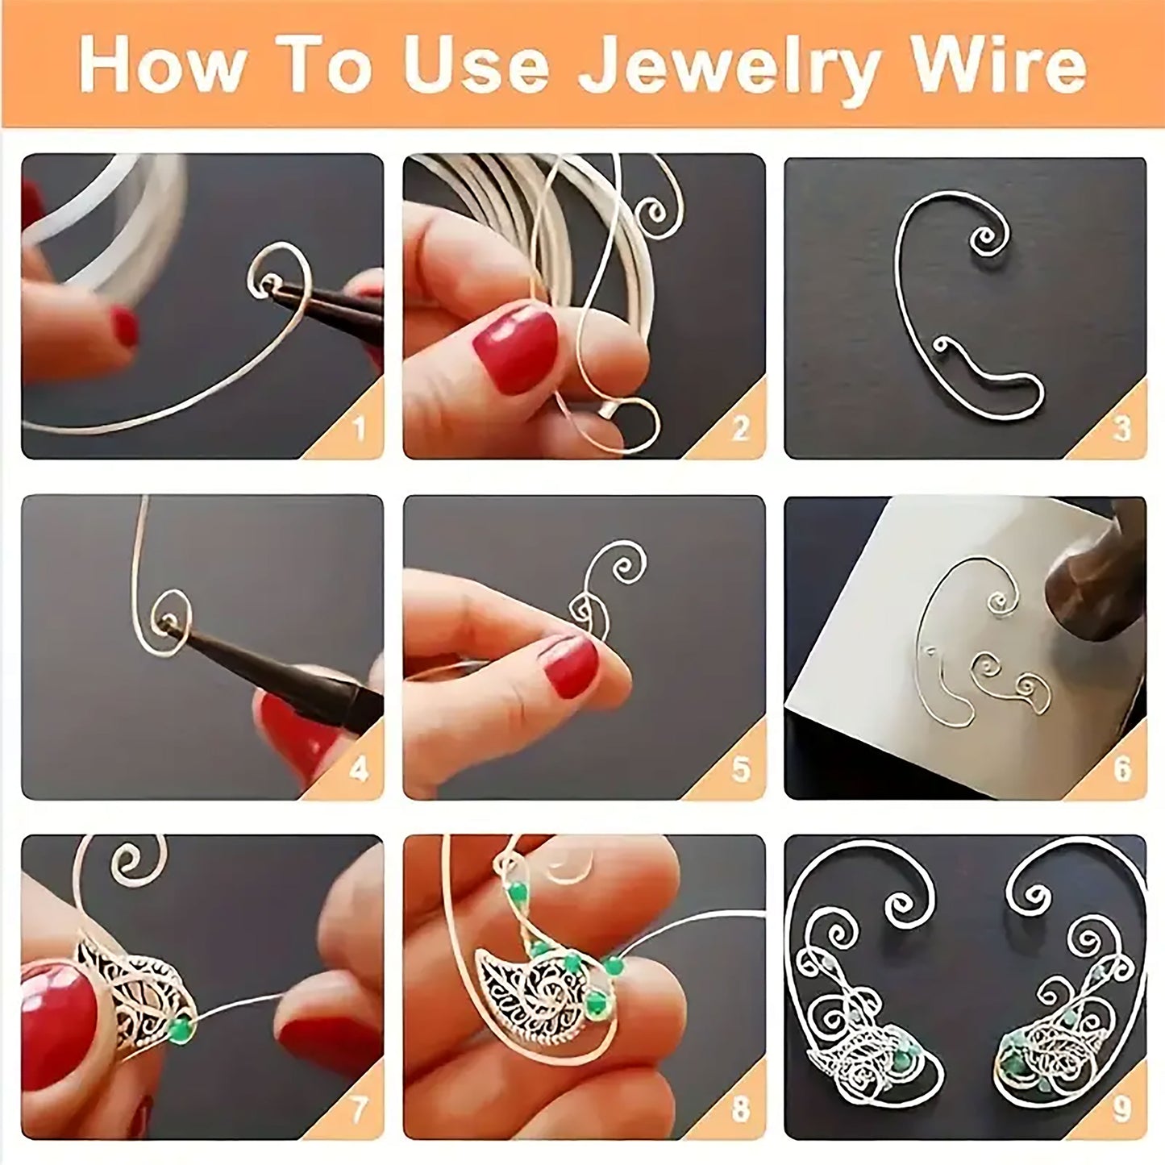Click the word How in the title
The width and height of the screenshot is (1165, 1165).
[161, 65]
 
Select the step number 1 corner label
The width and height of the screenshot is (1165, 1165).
[359, 429]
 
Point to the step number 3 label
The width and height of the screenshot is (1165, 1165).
[1121, 429]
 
